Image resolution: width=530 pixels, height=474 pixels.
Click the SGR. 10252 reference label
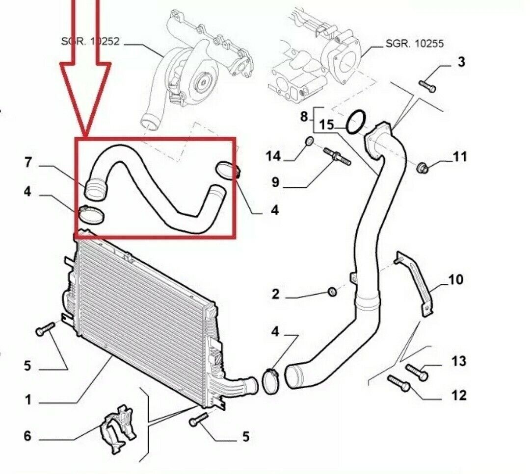pos(90,41)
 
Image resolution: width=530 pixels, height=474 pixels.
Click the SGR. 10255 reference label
pos(415,44)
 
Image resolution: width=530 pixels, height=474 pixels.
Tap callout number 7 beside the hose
pos(28,162)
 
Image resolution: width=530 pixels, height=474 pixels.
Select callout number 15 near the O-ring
pos(326,125)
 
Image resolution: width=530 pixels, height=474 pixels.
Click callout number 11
pos(460,157)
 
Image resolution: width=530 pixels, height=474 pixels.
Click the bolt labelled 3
pos(427,86)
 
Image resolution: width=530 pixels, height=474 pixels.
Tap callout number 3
pos(461,62)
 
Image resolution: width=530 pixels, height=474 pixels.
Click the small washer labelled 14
pos(309,142)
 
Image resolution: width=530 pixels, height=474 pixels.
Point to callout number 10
pos(455,279)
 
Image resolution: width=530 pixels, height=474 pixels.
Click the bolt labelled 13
pos(417,373)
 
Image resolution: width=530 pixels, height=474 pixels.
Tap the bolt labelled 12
pos(399,383)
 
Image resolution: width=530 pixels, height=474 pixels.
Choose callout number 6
pos(27,436)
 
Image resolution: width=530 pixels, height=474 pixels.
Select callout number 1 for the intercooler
pos(28,400)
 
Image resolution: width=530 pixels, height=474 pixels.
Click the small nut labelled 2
pos(332,292)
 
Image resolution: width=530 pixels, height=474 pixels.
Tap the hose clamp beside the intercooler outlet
pos(270,381)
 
